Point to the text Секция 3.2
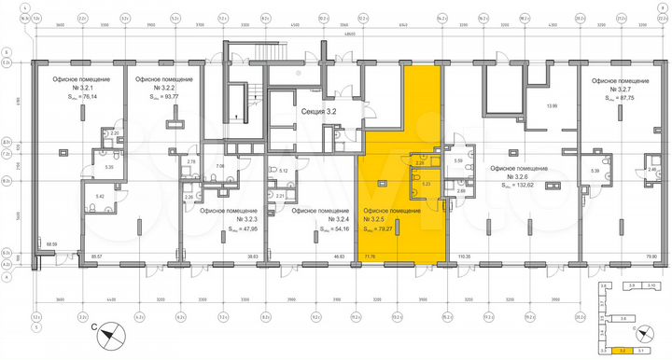coord(318,110)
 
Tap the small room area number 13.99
coord(551,106)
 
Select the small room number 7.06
coord(220,166)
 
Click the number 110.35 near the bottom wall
coord(463,255)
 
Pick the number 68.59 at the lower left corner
coord(52,245)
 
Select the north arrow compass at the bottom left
coord(108,333)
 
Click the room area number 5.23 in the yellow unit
coord(427,185)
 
